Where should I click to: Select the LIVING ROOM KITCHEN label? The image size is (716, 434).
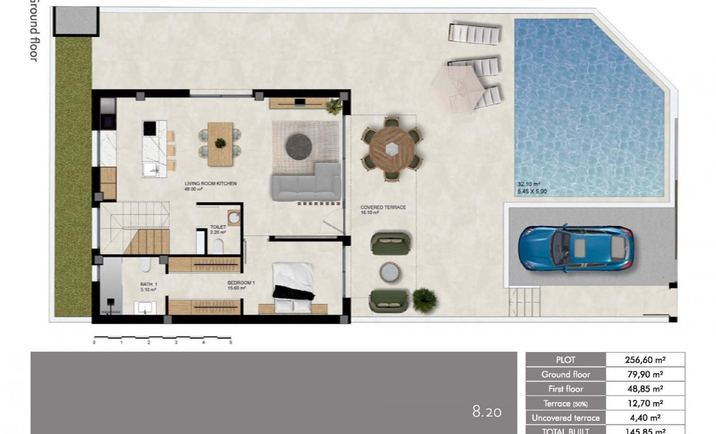(x=210, y=184)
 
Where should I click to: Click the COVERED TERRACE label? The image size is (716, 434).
(x=383, y=208)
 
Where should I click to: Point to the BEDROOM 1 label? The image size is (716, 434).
(x=241, y=283)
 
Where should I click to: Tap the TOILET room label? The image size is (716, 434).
(x=218, y=228)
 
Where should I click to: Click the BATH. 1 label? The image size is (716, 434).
(x=148, y=283)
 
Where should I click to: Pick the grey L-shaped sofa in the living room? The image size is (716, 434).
(x=306, y=184)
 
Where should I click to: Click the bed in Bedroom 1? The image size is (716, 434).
(x=293, y=288)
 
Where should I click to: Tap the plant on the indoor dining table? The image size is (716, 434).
(x=220, y=143)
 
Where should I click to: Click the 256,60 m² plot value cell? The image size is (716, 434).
(x=645, y=360)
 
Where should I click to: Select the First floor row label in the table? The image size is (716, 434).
(x=566, y=389)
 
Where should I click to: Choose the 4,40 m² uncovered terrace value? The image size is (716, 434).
(x=645, y=418)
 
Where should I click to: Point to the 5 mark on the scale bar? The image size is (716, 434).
(x=231, y=343)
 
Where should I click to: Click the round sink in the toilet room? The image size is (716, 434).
(x=234, y=218)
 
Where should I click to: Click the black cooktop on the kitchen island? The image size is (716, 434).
(x=150, y=128)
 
